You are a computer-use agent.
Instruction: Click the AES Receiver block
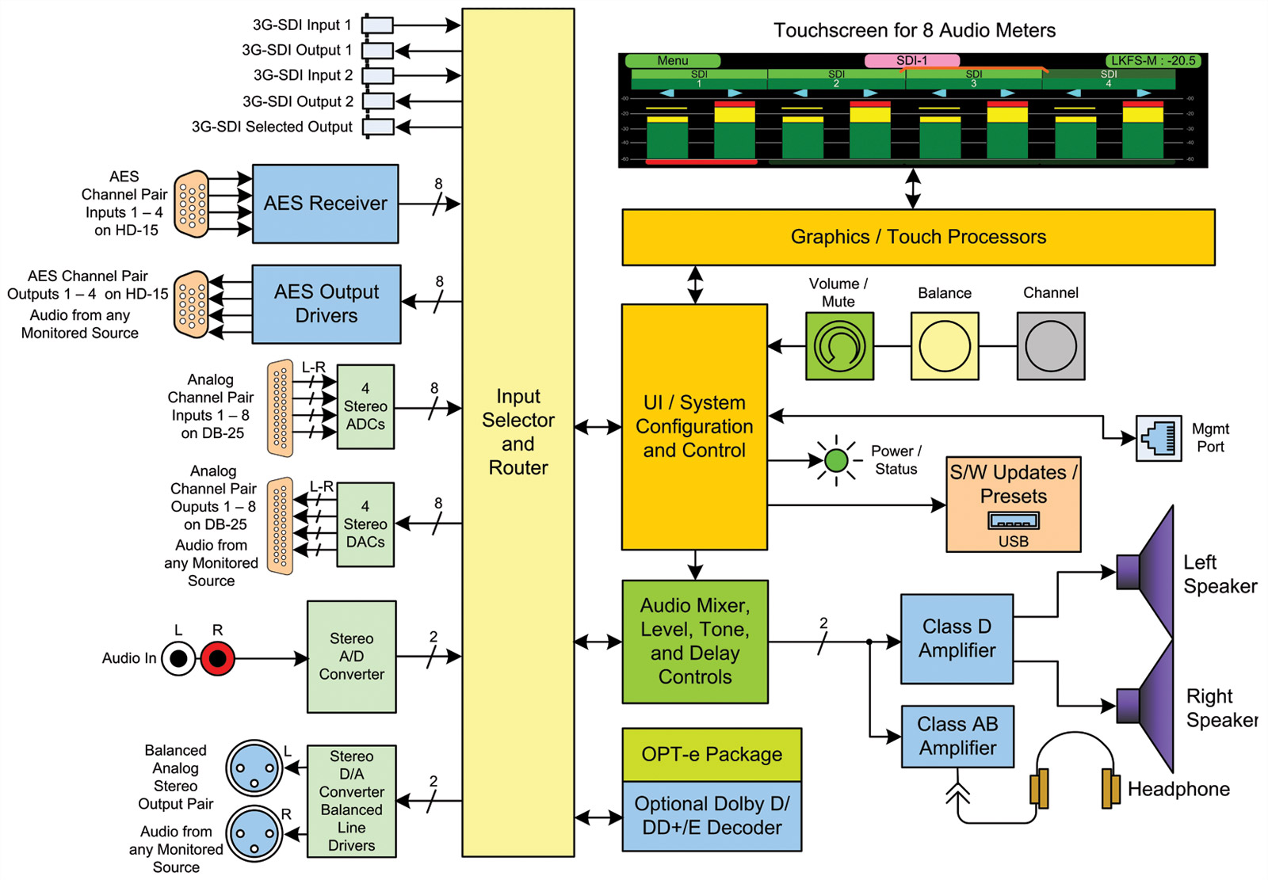[x=325, y=204]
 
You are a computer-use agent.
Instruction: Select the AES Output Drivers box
[x=326, y=303]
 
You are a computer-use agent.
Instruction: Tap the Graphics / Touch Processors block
[x=918, y=237]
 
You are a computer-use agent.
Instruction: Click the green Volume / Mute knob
[x=839, y=346]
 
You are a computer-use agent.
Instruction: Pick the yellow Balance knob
[x=945, y=346]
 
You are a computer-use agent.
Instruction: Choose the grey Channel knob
[x=1051, y=346]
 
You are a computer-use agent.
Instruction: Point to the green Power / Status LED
[x=836, y=459]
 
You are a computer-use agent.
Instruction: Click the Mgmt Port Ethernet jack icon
[x=1159, y=438]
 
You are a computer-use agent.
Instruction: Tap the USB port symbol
[x=1014, y=521]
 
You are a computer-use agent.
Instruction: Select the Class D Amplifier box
[x=957, y=638]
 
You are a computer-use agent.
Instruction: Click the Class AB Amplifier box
[x=957, y=736]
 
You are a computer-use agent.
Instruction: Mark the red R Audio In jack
[x=217, y=658]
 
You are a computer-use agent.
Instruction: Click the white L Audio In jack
[x=178, y=658]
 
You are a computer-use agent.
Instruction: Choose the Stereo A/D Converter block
[x=351, y=657]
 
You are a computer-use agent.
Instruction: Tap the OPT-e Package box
[x=711, y=754]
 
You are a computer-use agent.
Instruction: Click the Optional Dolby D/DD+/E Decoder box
[x=711, y=816]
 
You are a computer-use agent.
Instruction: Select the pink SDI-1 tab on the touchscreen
[x=911, y=60]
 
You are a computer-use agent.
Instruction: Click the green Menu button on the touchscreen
[x=672, y=60]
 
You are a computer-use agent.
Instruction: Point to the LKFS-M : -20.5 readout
[x=1153, y=60]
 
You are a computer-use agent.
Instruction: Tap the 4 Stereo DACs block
[x=365, y=524]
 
